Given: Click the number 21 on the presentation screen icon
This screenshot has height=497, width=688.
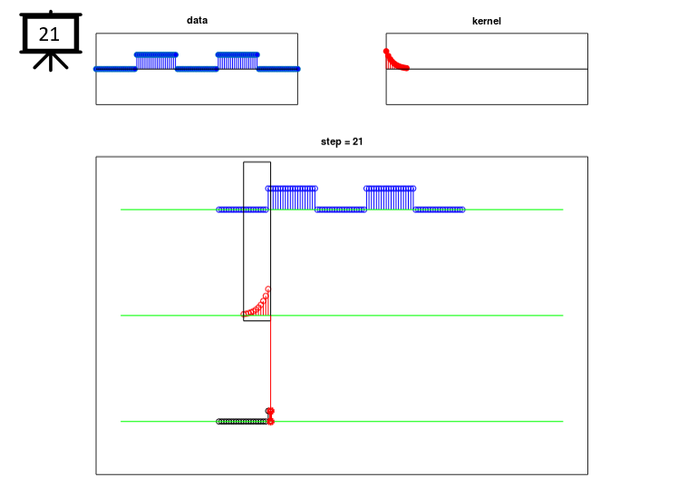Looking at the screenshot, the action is pyautogui.click(x=49, y=34).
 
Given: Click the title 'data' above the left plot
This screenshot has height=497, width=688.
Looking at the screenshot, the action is pyautogui.click(x=197, y=20).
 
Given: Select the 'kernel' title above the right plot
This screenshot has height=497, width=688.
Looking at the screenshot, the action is pyautogui.click(x=486, y=21).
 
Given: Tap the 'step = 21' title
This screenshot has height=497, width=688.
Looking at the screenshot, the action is pyautogui.click(x=342, y=141).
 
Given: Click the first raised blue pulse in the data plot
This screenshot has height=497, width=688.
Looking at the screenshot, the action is pyautogui.click(x=156, y=61).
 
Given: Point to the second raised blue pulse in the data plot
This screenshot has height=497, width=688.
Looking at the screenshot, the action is pyautogui.click(x=237, y=61).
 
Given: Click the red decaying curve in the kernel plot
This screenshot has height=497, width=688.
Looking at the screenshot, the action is pyautogui.click(x=396, y=61).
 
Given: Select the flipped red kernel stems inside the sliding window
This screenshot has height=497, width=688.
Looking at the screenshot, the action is pyautogui.click(x=257, y=303).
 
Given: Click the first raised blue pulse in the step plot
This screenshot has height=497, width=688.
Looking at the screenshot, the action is pyautogui.click(x=291, y=199).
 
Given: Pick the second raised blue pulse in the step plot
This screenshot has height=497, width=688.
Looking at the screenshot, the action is pyautogui.click(x=390, y=199).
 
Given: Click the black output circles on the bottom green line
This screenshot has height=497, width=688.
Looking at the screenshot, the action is pyautogui.click(x=243, y=421).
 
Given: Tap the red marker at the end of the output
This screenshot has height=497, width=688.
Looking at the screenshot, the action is pyautogui.click(x=271, y=416).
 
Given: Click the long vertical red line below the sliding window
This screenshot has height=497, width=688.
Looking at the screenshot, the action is pyautogui.click(x=270, y=365).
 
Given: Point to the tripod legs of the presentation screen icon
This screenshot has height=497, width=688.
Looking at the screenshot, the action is pyautogui.click(x=51, y=63).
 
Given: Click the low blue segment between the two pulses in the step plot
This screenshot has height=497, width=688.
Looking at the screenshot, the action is pyautogui.click(x=341, y=210).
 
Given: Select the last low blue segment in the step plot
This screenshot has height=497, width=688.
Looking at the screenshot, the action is pyautogui.click(x=439, y=210).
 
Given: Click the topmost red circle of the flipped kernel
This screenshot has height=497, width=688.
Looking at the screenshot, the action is pyautogui.click(x=268, y=289).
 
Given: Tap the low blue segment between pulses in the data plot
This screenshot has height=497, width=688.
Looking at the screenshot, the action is pyautogui.click(x=197, y=69).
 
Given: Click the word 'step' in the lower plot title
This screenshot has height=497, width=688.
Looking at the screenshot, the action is pyautogui.click(x=329, y=141).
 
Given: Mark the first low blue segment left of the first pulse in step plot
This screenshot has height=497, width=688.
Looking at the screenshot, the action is pyautogui.click(x=242, y=210).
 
